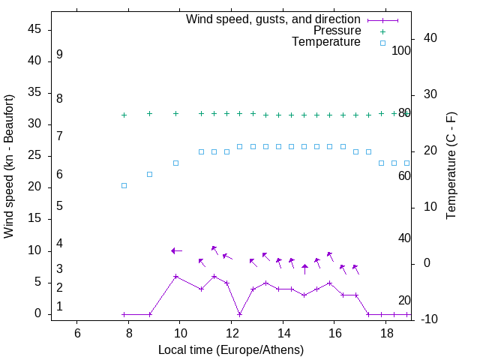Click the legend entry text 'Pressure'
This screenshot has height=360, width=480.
point(337,31)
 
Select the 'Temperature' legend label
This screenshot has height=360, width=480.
point(326,42)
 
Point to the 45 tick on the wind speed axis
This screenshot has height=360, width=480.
point(35,29)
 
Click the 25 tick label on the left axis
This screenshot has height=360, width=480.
point(35,155)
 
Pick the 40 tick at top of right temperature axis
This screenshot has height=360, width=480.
point(430,38)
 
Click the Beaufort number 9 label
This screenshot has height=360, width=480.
point(59,55)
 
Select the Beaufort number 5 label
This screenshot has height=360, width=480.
point(59,205)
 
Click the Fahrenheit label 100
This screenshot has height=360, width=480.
point(401,51)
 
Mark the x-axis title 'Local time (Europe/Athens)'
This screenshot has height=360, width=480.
point(231,349)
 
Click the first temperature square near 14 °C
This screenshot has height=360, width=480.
point(124,185)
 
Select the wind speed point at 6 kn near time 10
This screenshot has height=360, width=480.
point(175,276)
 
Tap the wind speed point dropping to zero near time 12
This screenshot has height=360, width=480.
point(239,314)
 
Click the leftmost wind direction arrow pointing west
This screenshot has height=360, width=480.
point(175,250)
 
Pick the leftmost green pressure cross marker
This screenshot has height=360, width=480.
point(124,115)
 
